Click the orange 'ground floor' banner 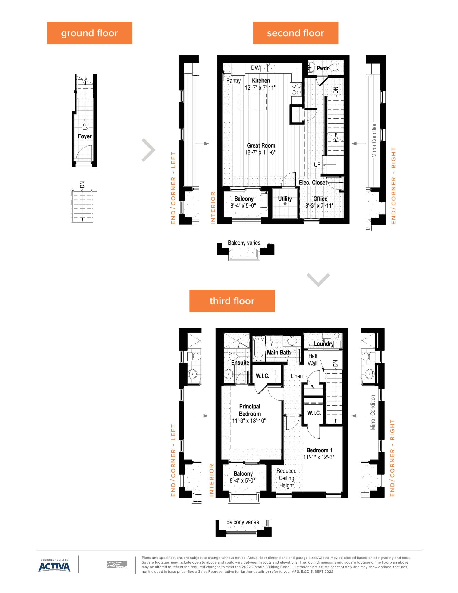coord(89,33)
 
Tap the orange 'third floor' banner coord(232,301)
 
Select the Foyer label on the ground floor coord(85,136)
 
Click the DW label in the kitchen coord(255,68)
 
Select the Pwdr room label coord(323,68)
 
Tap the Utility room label coord(285,199)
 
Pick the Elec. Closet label coord(313,183)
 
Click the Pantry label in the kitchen coord(233,81)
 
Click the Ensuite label coord(240,363)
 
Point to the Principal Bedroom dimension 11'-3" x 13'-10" coord(249,421)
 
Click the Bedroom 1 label coord(319,450)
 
